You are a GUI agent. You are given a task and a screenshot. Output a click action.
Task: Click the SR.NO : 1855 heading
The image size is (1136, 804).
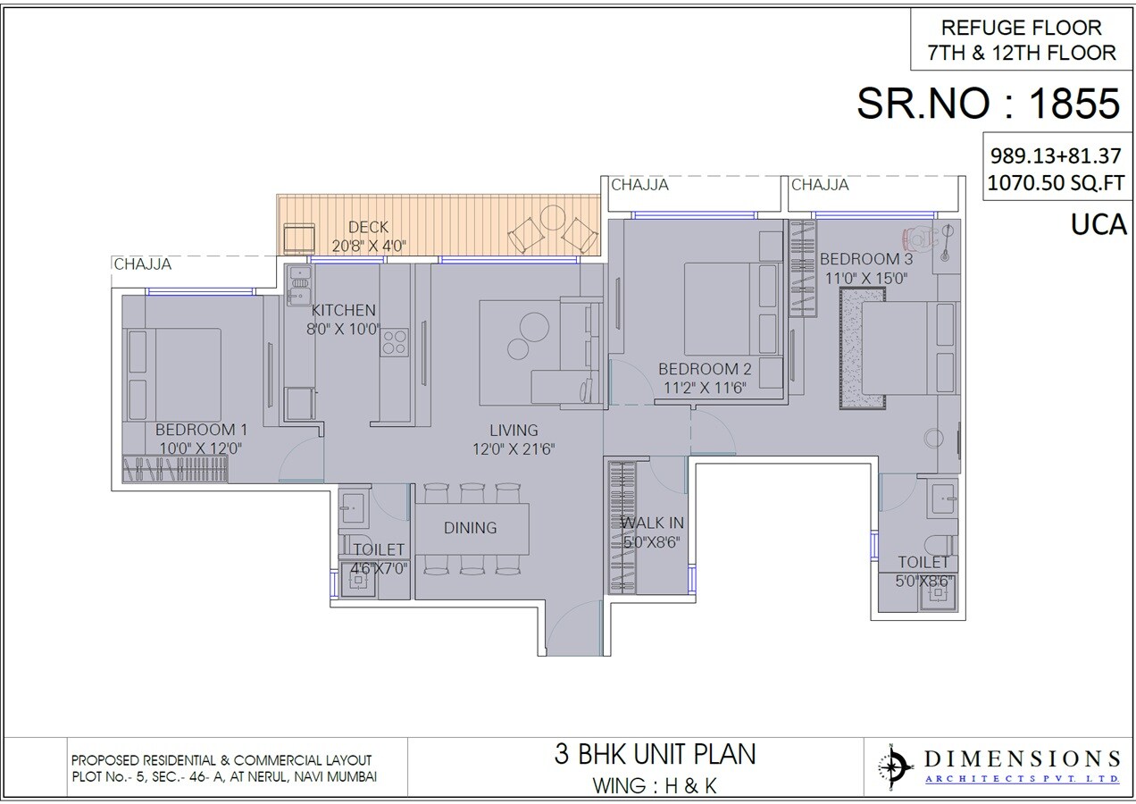[x=988, y=104]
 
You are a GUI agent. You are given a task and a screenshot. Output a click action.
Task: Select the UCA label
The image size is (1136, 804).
[x=1098, y=225]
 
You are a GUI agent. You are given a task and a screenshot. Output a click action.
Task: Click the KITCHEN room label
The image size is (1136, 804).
[x=343, y=310]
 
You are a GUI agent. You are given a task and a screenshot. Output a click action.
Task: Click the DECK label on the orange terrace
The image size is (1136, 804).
[x=368, y=228]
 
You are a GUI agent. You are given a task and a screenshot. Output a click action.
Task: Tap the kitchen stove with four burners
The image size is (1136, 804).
[x=394, y=342]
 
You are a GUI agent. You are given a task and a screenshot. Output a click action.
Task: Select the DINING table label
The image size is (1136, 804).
[x=470, y=528]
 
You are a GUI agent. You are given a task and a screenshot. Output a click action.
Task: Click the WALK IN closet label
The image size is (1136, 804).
[x=653, y=523]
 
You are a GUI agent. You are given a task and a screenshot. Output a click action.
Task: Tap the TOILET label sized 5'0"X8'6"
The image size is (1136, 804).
[x=923, y=563]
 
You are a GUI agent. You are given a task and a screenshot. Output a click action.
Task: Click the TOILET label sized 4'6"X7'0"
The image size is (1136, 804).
[x=379, y=549]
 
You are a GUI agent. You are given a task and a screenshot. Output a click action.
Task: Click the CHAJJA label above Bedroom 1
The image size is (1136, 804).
[x=142, y=264]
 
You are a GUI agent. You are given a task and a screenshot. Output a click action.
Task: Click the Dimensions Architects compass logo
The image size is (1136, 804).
[x=893, y=767]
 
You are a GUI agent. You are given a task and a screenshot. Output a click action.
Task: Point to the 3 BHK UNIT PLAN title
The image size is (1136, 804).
[x=655, y=754]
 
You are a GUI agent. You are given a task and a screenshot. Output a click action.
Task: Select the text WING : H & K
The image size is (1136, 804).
[x=655, y=786]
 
